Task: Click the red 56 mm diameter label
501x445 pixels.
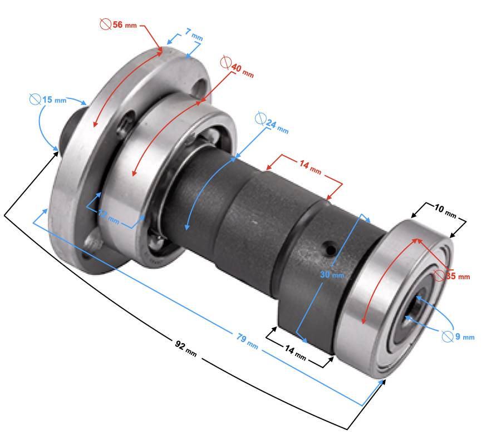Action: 118,24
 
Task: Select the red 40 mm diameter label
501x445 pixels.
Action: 237,66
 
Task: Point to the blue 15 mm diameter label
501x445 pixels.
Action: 48,100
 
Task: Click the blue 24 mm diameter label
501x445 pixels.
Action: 272,123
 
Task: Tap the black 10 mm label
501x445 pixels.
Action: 445,210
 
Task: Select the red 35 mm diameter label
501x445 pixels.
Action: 452,276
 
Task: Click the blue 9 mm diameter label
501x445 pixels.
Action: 458,337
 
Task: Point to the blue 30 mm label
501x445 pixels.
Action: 332,274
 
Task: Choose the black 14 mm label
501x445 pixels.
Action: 296,353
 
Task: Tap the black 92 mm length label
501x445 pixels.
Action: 185,348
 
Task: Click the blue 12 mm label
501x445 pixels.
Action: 109,216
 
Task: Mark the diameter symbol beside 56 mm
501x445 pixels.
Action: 105,24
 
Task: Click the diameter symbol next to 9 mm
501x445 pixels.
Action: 448,337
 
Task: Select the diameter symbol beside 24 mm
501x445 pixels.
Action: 261,118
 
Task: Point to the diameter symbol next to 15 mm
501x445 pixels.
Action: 35,99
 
